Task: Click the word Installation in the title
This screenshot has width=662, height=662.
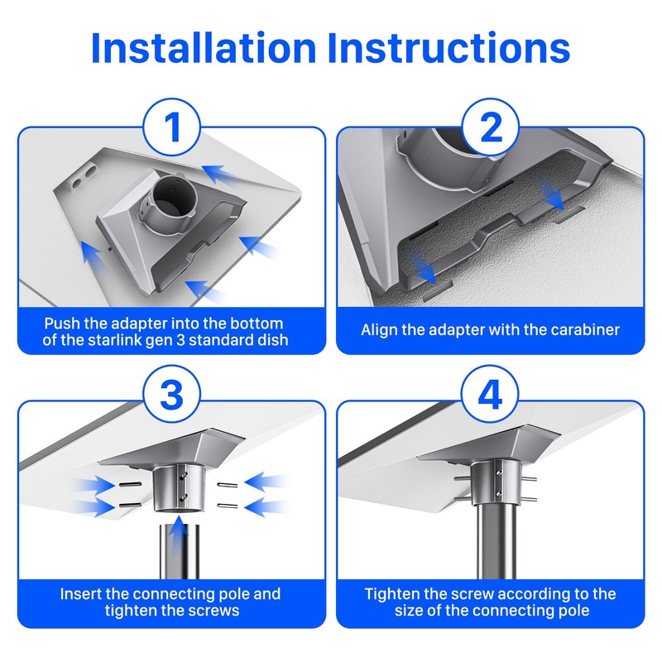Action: point(204,48)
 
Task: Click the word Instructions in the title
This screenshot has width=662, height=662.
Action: point(449,48)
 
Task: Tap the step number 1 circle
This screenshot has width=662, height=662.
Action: point(172,127)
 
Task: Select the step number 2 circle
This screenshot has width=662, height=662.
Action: point(490,127)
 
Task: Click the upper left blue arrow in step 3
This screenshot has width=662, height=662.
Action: point(94,486)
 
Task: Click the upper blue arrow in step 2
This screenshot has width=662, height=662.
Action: point(550,194)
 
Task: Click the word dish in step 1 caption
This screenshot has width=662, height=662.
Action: point(274,340)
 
